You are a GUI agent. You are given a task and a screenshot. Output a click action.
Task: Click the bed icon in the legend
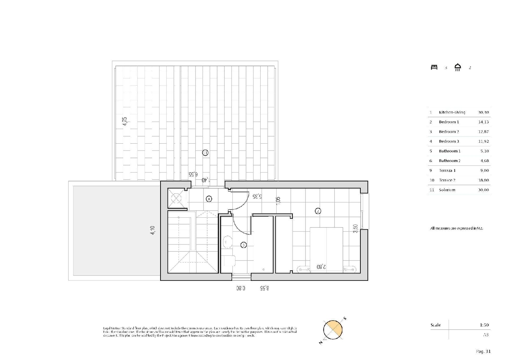(434, 67)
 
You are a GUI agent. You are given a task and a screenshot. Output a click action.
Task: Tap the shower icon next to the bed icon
(458, 67)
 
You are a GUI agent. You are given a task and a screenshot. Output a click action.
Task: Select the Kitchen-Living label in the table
(452, 112)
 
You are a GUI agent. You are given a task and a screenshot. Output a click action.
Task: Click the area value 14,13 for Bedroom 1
(484, 122)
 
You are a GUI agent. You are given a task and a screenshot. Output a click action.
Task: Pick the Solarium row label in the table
(447, 190)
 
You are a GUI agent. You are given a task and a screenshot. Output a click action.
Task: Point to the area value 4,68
(485, 161)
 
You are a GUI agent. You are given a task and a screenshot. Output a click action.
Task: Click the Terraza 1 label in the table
(447, 170)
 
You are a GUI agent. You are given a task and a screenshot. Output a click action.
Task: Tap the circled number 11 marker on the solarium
(205, 153)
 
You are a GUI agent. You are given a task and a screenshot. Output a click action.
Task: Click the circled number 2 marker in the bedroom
(318, 211)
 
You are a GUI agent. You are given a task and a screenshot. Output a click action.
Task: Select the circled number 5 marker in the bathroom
(243, 245)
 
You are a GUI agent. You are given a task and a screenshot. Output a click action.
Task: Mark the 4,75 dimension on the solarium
(125, 122)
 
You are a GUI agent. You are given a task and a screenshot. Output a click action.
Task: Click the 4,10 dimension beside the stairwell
(153, 231)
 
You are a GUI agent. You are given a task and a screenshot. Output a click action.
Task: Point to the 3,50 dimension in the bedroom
(355, 228)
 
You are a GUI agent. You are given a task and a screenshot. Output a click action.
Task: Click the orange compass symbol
(333, 329)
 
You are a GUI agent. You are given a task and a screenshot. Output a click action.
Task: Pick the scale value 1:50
(484, 325)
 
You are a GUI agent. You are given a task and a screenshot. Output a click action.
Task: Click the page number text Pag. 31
(483, 352)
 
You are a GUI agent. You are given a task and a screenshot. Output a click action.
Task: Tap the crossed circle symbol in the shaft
(176, 198)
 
